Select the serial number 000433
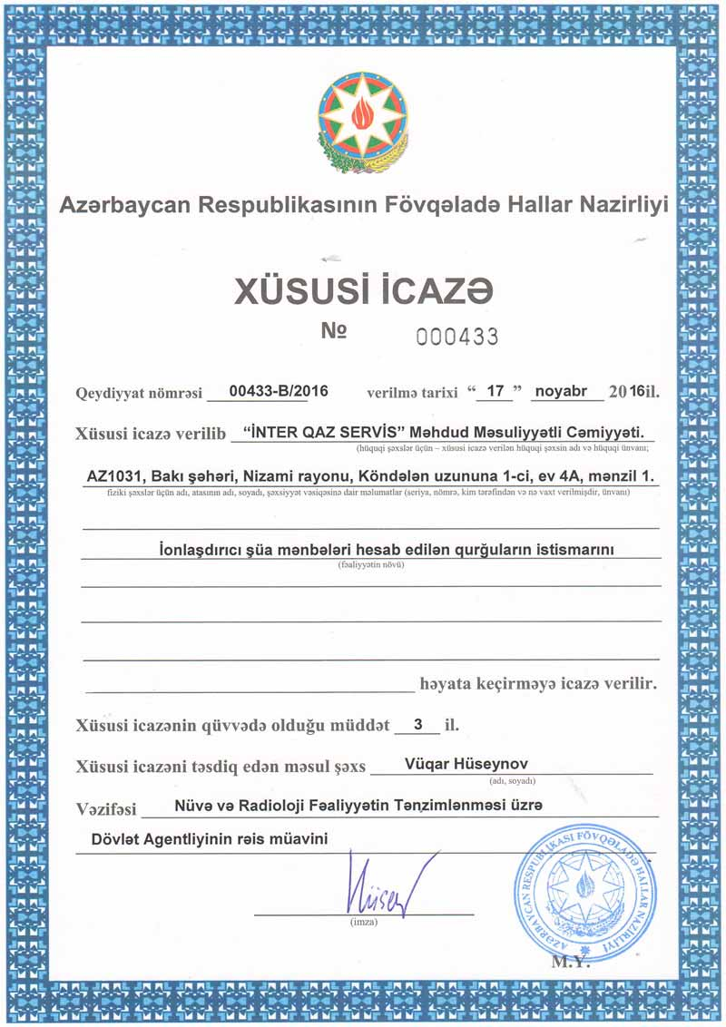point(457,337)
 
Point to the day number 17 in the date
point(495,392)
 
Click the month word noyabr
point(566,392)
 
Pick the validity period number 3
point(417,724)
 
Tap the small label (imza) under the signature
point(363,923)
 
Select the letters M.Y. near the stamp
point(570,963)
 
